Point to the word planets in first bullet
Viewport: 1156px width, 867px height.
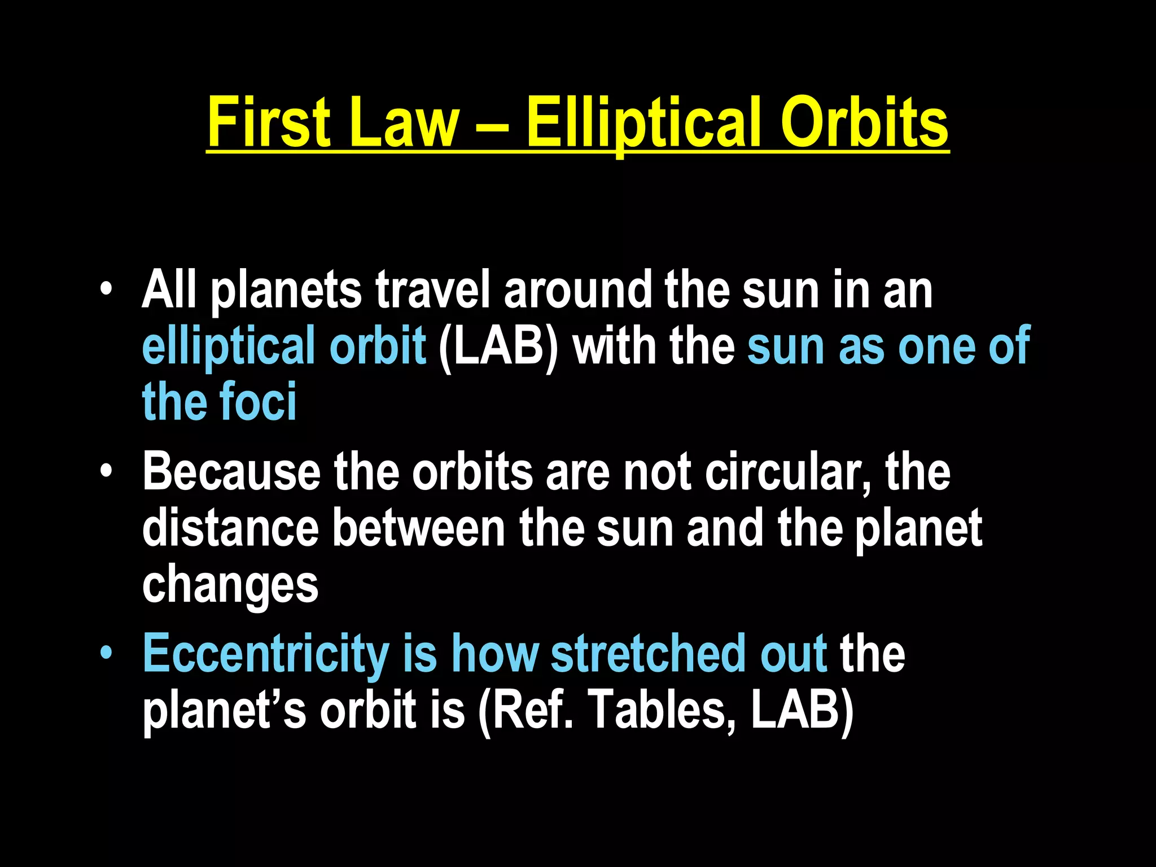[286, 291]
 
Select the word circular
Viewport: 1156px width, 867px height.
[783, 473]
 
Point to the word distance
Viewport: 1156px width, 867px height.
[230, 528]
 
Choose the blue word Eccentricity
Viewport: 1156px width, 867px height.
[265, 655]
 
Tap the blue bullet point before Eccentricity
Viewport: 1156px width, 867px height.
[106, 654]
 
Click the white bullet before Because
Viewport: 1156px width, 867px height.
[106, 472]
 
